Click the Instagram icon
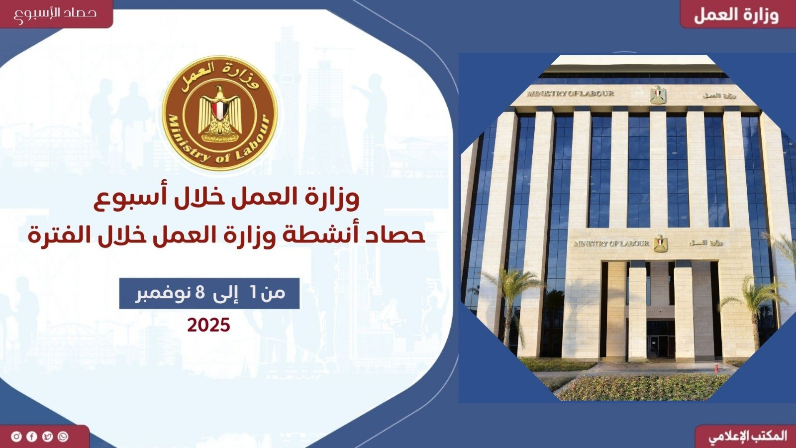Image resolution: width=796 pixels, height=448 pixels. click(16, 437)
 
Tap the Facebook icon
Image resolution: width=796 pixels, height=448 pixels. click(32, 437)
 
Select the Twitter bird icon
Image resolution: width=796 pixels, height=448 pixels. click(47, 437)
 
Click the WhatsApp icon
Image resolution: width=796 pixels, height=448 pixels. click(63, 437)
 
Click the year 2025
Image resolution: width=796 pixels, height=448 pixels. click(209, 326)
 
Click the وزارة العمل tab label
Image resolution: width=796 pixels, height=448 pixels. click(736, 14)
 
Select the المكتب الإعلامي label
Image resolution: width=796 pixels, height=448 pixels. click(748, 437)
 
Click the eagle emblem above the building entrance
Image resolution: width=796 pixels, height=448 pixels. click(660, 243)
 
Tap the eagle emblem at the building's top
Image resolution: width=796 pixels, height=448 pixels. click(658, 94)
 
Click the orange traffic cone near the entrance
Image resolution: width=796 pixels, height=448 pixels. click(716, 367)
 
